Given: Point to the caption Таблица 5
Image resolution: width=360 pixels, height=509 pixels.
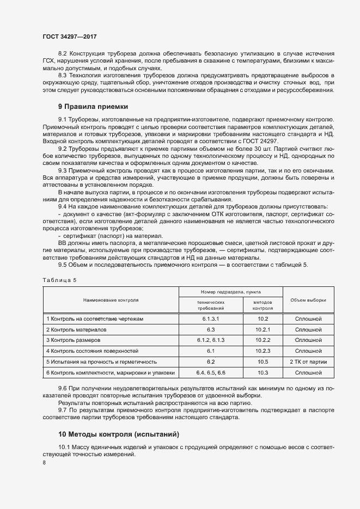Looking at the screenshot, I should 60,280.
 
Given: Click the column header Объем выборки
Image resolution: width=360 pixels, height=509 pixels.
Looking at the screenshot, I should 308,300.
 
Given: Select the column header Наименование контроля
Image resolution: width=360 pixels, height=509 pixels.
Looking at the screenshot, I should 111,300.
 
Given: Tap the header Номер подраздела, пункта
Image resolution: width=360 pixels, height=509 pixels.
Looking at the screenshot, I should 230,292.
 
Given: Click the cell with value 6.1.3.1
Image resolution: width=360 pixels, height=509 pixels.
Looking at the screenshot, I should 211,318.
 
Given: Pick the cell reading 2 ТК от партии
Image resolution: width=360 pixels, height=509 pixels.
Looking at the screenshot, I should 308,361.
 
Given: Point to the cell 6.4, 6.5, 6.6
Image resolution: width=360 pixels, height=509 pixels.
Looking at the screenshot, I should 211,372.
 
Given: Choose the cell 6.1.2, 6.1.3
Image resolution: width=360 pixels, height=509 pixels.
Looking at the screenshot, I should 211,340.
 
